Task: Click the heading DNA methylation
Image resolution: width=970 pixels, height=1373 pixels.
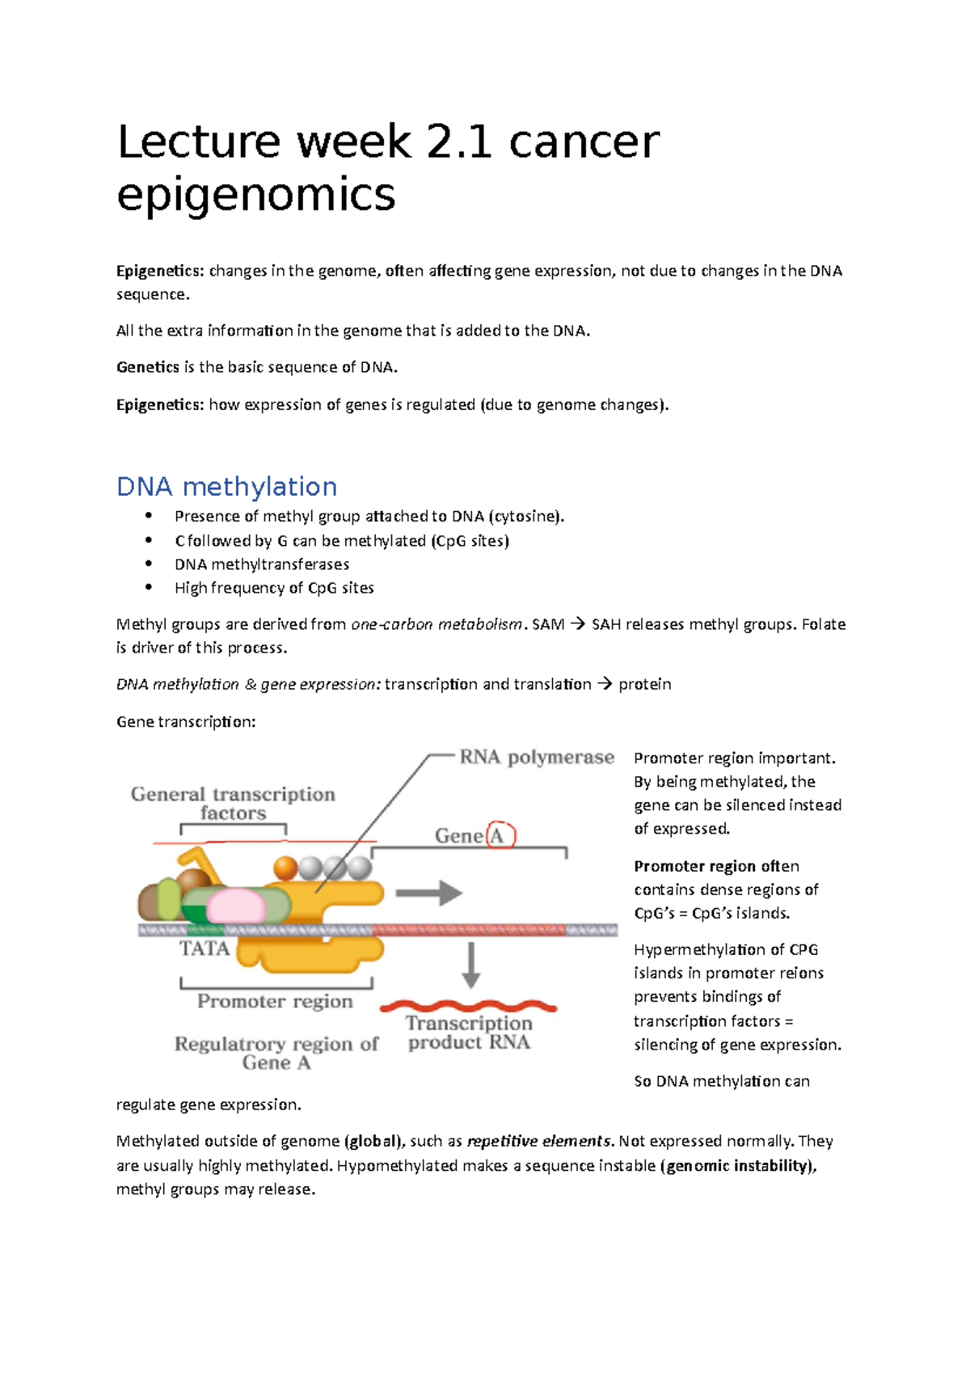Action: pyautogui.click(x=226, y=487)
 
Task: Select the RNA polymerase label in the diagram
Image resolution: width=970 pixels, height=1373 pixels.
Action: pyautogui.click(x=537, y=758)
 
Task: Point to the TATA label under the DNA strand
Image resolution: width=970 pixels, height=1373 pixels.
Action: pyautogui.click(x=204, y=948)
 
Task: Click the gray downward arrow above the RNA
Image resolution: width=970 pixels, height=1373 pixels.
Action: pyautogui.click(x=471, y=965)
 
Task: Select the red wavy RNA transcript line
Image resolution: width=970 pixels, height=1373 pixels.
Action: pyautogui.click(x=468, y=1007)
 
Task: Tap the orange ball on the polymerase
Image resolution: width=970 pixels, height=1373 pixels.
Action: pyautogui.click(x=285, y=868)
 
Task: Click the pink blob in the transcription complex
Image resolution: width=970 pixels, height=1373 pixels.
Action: pyautogui.click(x=235, y=905)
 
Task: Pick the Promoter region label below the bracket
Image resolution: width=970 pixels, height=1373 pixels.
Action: pyautogui.click(x=275, y=1002)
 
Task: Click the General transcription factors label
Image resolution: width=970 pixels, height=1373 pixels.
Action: pyautogui.click(x=233, y=804)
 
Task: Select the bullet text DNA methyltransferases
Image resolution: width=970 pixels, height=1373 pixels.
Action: pyautogui.click(x=262, y=564)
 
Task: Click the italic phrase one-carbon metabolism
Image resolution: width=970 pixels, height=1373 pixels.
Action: pyautogui.click(x=436, y=624)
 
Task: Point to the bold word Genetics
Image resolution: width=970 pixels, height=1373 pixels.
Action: pyautogui.click(x=148, y=367)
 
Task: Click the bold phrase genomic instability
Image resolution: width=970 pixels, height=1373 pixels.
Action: pyautogui.click(x=739, y=1165)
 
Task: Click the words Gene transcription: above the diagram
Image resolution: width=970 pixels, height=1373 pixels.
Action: pyautogui.click(x=186, y=721)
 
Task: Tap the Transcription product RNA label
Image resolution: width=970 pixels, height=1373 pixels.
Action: pyautogui.click(x=469, y=1033)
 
